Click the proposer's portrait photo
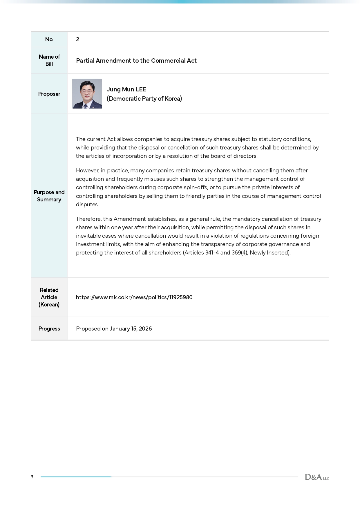pos(87,93)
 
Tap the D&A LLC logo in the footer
pos(317,477)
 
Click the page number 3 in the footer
pos(32,477)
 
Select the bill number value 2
pos(77,39)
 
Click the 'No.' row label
pos(49,39)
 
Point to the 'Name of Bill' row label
pos(49,60)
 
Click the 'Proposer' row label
pos(49,94)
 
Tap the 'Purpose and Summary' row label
pos(49,196)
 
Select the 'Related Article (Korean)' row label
pos(49,297)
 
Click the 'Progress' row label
pos(49,328)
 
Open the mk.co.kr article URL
pos(134,297)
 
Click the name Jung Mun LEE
pos(126,89)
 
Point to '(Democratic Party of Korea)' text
pos(144,99)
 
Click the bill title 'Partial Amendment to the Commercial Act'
pos(136,61)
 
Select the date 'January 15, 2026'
pos(131,328)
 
